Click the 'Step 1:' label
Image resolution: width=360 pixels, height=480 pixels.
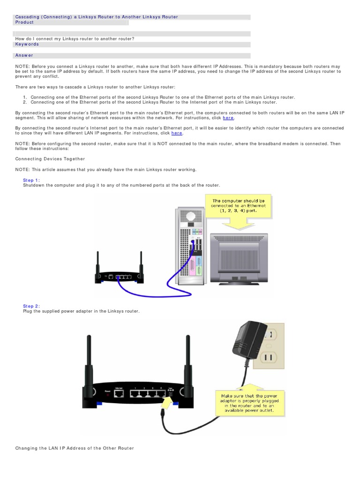(31, 180)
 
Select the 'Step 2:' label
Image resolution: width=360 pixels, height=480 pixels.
(31, 306)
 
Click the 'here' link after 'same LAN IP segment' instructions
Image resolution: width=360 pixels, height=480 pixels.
(228, 118)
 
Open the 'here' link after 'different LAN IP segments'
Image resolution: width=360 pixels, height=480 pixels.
(177, 133)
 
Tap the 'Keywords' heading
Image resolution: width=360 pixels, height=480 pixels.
(27, 45)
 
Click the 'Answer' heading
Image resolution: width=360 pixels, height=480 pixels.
(24, 55)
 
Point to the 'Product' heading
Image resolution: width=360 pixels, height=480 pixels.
(25, 22)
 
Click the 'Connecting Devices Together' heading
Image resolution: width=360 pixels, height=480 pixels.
(51, 159)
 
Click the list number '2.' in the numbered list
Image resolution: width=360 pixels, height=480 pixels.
(25, 102)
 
